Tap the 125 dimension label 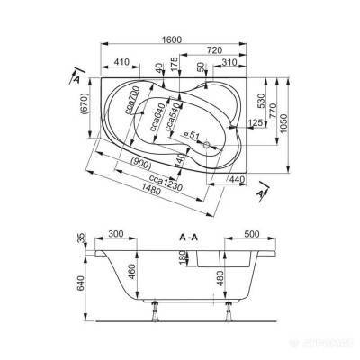click(256, 123)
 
